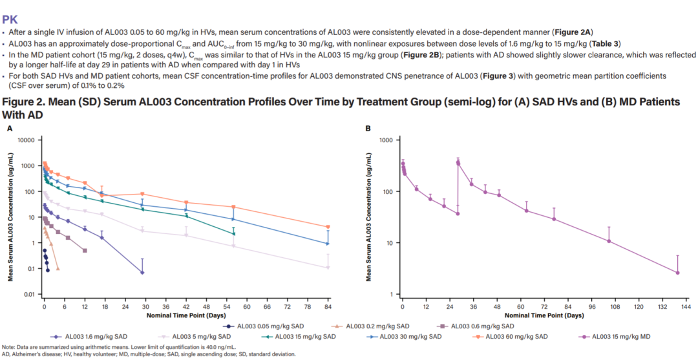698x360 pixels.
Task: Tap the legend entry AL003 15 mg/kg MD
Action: (619, 336)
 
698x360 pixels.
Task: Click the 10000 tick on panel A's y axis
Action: (25, 140)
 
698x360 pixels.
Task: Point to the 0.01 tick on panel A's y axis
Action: (28, 295)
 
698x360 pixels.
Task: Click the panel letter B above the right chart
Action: (368, 128)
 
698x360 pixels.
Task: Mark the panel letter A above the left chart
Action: (9, 128)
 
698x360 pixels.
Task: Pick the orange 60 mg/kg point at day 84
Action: (328, 227)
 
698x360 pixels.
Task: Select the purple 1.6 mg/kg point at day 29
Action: (142, 273)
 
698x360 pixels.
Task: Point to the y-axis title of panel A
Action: (11, 217)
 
